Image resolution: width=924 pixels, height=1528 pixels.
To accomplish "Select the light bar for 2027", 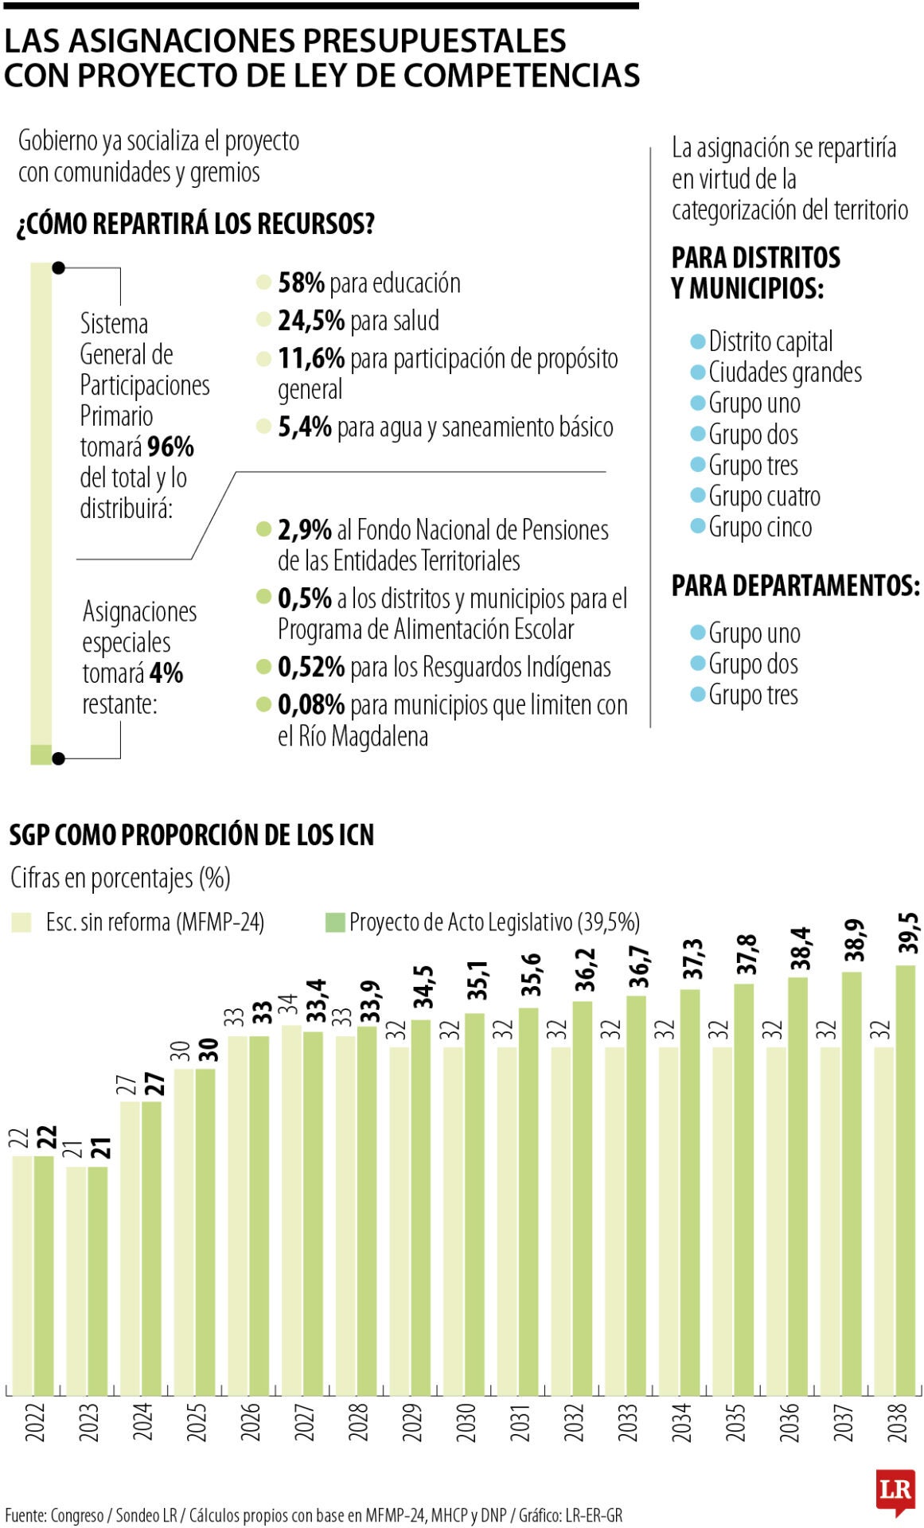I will click(x=291, y=1210).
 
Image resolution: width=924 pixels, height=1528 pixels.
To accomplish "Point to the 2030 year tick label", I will click(x=466, y=1422).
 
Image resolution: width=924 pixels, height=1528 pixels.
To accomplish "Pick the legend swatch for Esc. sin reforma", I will click(x=21, y=922).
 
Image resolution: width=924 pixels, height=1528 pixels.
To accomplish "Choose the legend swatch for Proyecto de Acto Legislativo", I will click(x=335, y=922).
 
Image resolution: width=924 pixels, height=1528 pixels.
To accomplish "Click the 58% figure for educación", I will click(x=301, y=283).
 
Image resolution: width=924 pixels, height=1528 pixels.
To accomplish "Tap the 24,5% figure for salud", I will click(x=311, y=321).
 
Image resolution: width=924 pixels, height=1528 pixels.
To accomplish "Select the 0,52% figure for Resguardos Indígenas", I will click(x=311, y=667).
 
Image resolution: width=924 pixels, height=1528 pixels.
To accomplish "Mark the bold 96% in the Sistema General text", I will click(x=170, y=446).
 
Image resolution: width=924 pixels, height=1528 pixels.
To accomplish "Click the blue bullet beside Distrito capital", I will click(x=697, y=341).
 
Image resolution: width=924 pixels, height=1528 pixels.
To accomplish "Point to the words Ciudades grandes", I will click(x=785, y=372).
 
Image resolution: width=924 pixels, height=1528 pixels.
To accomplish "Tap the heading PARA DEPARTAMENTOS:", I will click(x=796, y=586).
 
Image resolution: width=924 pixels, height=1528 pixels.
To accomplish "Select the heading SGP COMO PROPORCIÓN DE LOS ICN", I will click(x=191, y=835).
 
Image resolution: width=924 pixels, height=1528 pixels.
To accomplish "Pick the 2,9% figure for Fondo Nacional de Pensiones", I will click(x=305, y=529).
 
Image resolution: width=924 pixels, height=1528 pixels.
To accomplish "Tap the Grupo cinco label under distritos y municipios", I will click(x=760, y=528).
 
